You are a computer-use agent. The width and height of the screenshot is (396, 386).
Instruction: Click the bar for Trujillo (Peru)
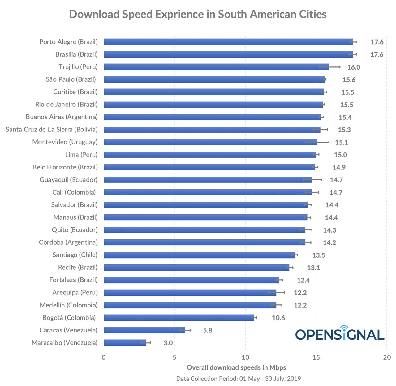coord(217,67)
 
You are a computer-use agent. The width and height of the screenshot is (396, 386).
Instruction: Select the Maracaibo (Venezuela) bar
coord(125,343)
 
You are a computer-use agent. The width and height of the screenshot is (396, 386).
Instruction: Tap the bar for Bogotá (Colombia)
coord(179,318)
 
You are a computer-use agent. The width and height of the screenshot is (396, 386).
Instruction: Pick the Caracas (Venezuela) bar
coord(144,330)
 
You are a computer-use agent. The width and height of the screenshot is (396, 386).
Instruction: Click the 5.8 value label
coord(208,330)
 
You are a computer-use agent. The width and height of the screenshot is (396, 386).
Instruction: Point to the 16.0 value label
coord(354,67)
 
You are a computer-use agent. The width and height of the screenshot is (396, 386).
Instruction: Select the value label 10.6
coord(278,318)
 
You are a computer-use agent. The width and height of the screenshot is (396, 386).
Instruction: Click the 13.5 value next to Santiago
coord(319,255)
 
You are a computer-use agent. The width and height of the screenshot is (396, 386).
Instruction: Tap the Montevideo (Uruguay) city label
coord(65,142)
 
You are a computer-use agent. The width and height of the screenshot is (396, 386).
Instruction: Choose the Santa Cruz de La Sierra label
coord(51,129)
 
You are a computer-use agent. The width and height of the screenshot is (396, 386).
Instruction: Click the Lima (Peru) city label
coord(81,155)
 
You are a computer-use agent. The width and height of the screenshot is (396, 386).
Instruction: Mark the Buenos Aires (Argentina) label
coord(62,117)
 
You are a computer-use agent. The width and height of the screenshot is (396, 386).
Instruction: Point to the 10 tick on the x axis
coord(245,358)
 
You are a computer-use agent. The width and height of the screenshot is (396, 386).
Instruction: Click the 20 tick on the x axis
coord(387,358)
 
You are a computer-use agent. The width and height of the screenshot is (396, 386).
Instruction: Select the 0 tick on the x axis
coord(104,358)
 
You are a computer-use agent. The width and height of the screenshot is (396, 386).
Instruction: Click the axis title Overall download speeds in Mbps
coord(236,367)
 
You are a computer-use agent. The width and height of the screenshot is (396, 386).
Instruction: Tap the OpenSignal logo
coord(340,333)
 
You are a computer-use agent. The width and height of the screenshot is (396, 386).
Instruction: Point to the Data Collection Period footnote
coord(239,379)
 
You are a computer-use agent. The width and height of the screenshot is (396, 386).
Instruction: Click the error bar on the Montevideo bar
coord(317,142)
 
